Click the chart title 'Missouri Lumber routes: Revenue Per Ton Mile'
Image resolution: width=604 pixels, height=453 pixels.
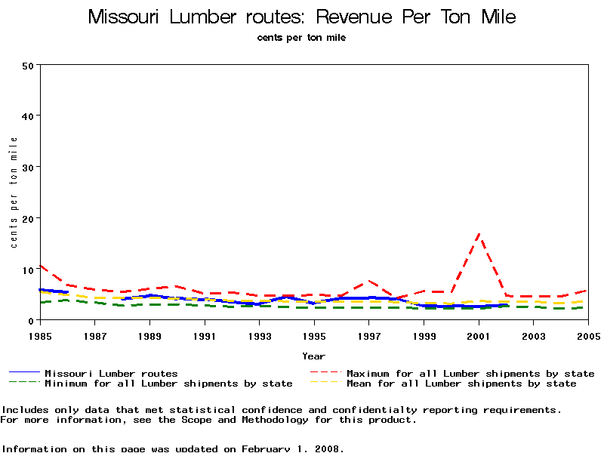click(x=302, y=17)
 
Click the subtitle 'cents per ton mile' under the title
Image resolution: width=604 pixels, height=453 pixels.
click(x=301, y=37)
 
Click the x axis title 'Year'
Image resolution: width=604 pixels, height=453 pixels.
click(x=313, y=356)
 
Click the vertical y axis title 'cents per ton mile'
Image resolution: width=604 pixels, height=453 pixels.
click(x=14, y=193)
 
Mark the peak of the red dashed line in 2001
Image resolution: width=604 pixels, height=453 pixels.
click(x=479, y=235)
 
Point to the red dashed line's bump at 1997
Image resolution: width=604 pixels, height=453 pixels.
click(x=369, y=282)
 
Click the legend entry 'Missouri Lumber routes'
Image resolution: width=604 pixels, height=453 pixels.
click(x=111, y=374)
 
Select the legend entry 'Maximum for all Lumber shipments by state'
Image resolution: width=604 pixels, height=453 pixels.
click(x=470, y=374)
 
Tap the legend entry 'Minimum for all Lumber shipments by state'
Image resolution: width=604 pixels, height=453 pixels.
click(x=168, y=384)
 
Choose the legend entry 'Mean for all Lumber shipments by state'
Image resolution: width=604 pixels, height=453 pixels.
click(x=461, y=384)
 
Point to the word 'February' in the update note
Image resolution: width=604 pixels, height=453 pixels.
click(x=269, y=448)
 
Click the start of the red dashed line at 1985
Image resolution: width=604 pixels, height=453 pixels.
click(x=40, y=266)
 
